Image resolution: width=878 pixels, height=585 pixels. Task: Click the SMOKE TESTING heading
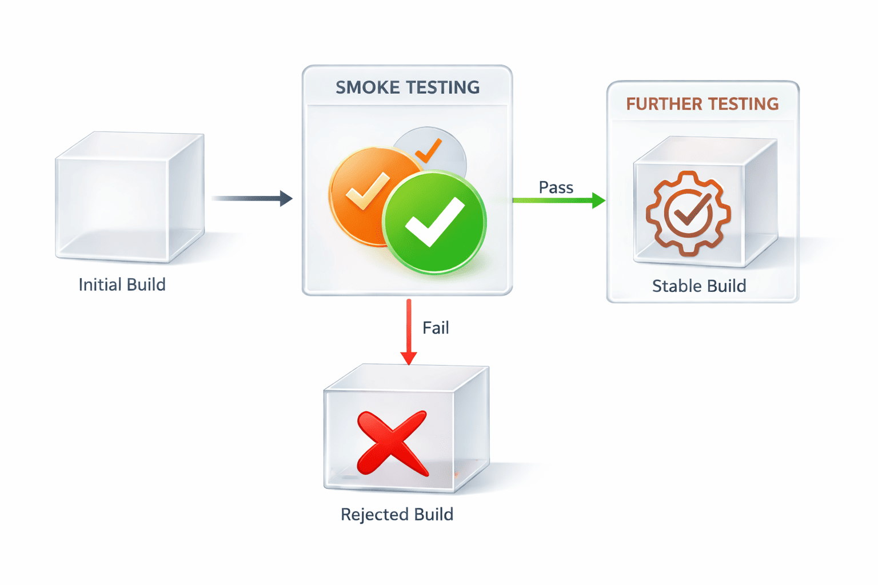click(407, 87)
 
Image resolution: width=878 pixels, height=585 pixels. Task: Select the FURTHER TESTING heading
click(702, 104)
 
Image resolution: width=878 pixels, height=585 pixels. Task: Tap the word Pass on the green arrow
click(556, 187)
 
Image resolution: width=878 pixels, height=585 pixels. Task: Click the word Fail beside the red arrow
click(436, 328)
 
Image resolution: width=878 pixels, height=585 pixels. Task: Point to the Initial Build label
click(122, 285)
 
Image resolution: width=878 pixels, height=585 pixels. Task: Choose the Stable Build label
click(699, 286)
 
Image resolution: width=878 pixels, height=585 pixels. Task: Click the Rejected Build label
click(397, 514)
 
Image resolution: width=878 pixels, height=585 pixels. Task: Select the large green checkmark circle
click(434, 223)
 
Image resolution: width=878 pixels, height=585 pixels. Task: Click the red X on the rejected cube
click(392, 443)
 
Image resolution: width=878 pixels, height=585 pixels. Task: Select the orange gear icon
click(688, 213)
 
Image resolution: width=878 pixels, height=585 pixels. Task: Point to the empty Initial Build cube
click(129, 198)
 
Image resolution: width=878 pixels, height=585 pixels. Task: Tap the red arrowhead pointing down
click(409, 358)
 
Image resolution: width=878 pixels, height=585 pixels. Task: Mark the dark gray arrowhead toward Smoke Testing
click(285, 198)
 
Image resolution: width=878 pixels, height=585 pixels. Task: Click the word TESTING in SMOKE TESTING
click(443, 87)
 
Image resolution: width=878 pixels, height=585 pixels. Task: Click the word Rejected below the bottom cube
click(374, 514)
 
